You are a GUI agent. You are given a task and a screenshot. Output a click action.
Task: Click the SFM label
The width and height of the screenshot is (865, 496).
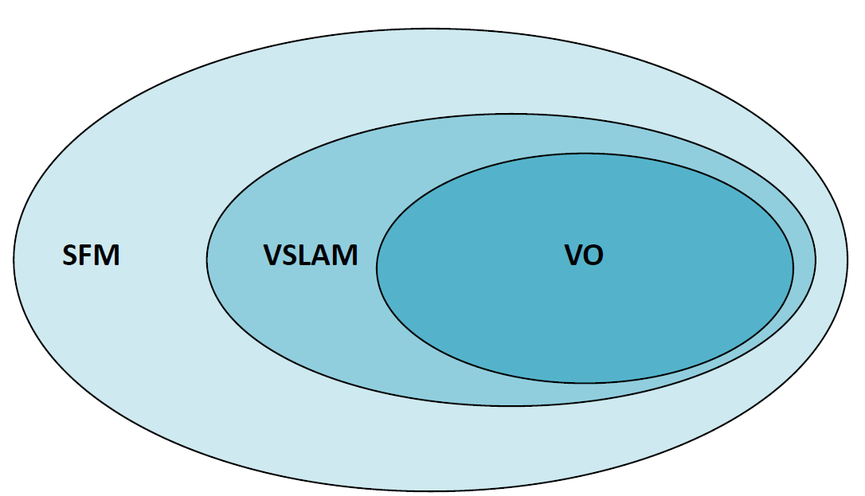[x=92, y=256]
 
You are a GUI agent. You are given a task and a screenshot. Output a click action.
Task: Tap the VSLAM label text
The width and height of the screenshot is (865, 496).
[x=311, y=256]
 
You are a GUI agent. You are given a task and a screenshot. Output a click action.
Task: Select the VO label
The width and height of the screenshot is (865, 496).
[x=584, y=256]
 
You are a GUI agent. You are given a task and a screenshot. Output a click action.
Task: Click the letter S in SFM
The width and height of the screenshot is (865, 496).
[x=71, y=256]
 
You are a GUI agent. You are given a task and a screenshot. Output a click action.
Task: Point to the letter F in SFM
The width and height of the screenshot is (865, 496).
[x=87, y=256]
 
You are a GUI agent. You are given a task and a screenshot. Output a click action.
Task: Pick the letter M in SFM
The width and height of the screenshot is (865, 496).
[x=107, y=256]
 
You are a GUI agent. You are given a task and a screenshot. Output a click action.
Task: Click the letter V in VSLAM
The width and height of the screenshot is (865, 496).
[x=272, y=256]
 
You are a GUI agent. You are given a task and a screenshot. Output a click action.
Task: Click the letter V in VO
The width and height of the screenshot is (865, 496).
[x=573, y=256]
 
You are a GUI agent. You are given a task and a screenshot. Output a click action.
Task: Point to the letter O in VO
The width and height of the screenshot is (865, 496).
[x=593, y=256]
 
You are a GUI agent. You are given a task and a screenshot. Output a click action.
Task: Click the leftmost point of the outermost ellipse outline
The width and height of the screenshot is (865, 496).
[x=13, y=260]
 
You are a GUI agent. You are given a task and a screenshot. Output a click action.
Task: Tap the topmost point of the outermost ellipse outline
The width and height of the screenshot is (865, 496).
[x=430, y=29]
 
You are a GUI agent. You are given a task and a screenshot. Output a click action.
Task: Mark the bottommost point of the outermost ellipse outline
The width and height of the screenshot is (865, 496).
[x=430, y=490]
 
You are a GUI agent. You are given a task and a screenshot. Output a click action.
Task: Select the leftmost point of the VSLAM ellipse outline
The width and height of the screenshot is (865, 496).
[x=207, y=259]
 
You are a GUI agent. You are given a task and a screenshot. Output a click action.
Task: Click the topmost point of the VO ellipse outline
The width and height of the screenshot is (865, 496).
[x=585, y=152]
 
